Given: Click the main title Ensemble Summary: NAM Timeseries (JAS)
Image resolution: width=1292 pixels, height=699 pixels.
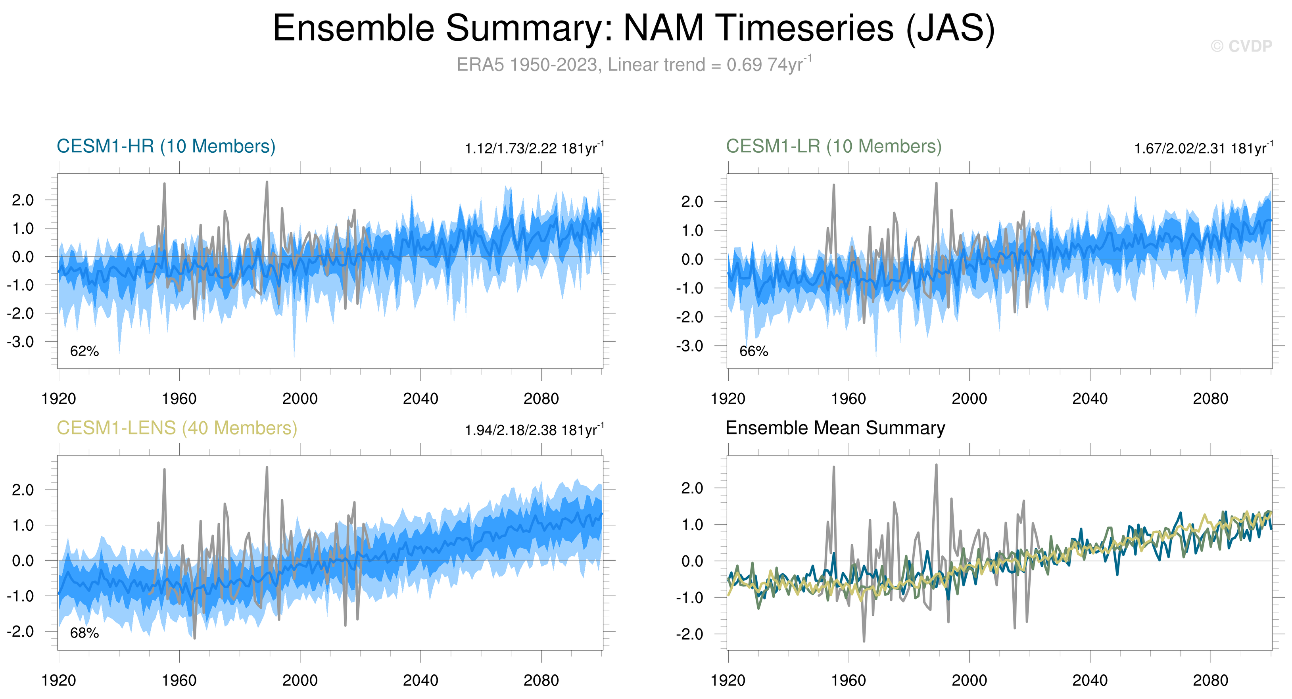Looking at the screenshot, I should pyautogui.click(x=634, y=28).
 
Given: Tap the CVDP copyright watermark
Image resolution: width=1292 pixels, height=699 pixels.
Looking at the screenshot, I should pyautogui.click(x=1241, y=46).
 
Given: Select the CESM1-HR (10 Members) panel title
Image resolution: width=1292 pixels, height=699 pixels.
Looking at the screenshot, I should pyautogui.click(x=166, y=146).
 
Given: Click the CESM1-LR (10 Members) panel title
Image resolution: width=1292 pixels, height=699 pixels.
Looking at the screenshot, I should pyautogui.click(x=833, y=146).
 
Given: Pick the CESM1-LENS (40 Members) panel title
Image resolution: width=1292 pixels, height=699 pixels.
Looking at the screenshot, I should pyautogui.click(x=177, y=428).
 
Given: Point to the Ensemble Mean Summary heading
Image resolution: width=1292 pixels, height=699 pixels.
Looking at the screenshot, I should pyautogui.click(x=835, y=428).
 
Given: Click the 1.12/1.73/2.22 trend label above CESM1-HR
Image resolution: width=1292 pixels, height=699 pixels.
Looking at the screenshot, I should pyautogui.click(x=534, y=149).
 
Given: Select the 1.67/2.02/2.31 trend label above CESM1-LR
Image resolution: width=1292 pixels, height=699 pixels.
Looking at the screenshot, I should pyautogui.click(x=1203, y=149).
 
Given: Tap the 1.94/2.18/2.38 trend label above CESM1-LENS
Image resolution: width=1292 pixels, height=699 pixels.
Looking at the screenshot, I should pyautogui.click(x=534, y=431).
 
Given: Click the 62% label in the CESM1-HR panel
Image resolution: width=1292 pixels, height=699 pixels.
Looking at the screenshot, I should pyautogui.click(x=84, y=351).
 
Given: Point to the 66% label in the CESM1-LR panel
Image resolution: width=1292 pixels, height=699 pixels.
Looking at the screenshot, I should pyautogui.click(x=753, y=351).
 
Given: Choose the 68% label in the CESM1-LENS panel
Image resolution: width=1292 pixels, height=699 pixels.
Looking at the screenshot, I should pyautogui.click(x=84, y=633).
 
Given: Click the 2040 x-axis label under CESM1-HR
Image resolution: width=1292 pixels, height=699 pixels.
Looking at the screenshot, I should pyautogui.click(x=420, y=399).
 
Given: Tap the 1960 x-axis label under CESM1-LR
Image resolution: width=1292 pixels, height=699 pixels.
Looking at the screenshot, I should pyautogui.click(x=849, y=399).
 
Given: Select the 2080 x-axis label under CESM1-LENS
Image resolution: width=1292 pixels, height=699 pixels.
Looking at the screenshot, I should pyautogui.click(x=541, y=681).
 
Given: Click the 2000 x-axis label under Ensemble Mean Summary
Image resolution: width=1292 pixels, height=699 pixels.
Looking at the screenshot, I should pyautogui.click(x=969, y=681).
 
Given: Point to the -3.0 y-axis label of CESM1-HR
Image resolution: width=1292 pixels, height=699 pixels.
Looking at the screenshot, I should pyautogui.click(x=21, y=342).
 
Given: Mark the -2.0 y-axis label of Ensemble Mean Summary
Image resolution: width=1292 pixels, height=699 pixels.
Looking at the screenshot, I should pyautogui.click(x=689, y=634).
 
